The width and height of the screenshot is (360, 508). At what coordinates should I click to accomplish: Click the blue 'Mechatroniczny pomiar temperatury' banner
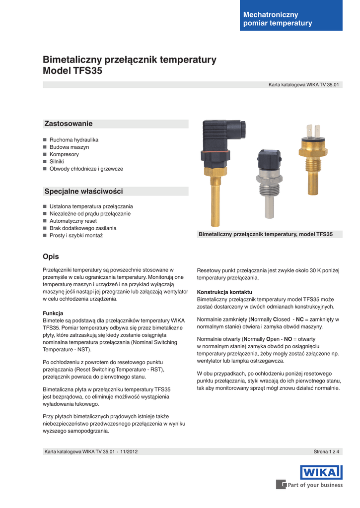[x=291, y=19]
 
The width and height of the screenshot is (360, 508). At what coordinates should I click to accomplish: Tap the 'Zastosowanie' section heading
[x=69, y=124]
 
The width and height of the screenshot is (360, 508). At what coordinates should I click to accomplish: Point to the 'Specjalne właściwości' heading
[x=83, y=191]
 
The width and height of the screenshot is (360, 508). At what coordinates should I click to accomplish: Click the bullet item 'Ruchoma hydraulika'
[x=74, y=140]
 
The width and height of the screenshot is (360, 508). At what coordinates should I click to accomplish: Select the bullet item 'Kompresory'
[x=64, y=154]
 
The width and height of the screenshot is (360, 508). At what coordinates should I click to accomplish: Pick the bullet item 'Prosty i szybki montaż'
[x=76, y=236]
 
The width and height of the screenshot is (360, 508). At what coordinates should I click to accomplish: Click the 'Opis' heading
[x=51, y=256]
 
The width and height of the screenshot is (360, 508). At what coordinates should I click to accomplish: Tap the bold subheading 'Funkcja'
[x=53, y=314]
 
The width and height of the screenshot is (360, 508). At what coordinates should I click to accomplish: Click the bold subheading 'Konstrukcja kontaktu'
[x=224, y=292]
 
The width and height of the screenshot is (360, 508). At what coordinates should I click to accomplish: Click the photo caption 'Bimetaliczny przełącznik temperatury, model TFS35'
[x=266, y=234]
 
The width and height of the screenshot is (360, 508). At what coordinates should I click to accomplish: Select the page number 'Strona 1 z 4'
[x=326, y=451]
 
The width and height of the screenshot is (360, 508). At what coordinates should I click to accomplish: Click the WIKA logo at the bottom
[x=321, y=472]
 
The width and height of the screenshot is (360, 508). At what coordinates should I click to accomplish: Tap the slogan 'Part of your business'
[x=315, y=485]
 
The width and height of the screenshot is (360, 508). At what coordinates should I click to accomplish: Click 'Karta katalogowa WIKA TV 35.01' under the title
[x=303, y=85]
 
